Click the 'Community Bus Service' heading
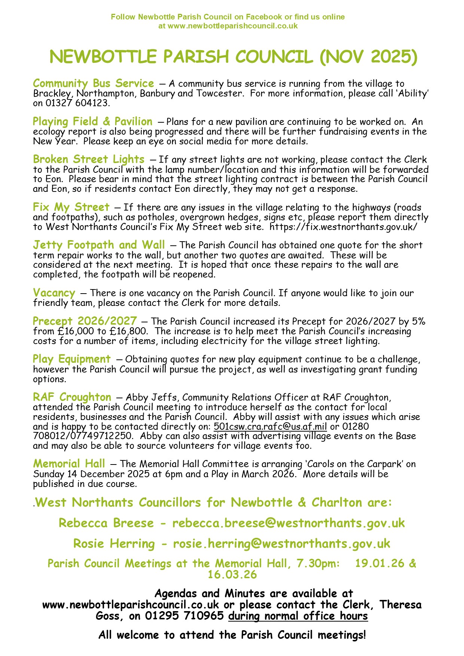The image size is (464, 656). (x=93, y=83)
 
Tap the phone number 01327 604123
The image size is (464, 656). (x=77, y=103)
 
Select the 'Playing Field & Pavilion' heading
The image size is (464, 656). (x=92, y=122)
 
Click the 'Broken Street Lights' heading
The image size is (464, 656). (x=89, y=159)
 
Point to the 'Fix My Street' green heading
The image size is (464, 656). (x=71, y=207)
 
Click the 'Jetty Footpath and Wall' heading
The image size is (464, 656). (x=99, y=245)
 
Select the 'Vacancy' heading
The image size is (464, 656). (x=54, y=293)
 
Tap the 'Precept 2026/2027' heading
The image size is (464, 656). (x=85, y=321)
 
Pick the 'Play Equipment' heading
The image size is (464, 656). (x=71, y=359)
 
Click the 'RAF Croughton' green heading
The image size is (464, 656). (x=72, y=397)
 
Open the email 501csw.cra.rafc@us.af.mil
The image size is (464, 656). (x=270, y=427)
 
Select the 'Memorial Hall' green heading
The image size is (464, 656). (x=69, y=464)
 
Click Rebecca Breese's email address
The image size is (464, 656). (x=288, y=523)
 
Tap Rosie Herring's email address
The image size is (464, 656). (x=281, y=543)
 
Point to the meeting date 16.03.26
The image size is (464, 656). (x=232, y=574)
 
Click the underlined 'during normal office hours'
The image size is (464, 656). (x=298, y=616)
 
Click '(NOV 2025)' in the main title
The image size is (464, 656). (x=369, y=57)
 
